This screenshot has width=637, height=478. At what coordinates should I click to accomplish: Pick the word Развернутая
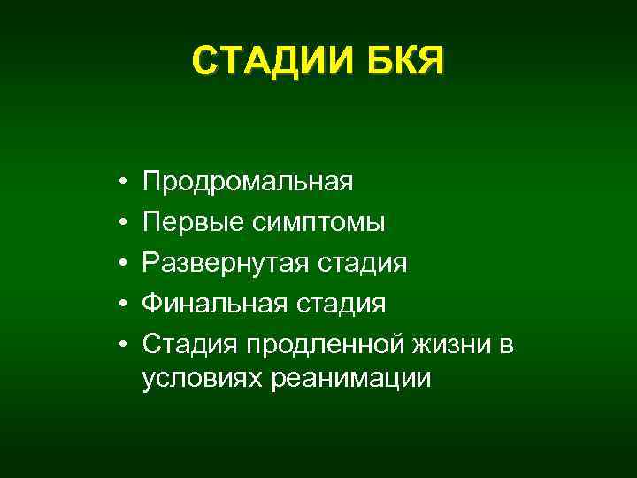(222, 263)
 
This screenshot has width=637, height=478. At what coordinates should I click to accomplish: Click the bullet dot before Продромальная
(119, 182)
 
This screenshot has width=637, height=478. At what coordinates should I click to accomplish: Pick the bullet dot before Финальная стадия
(119, 305)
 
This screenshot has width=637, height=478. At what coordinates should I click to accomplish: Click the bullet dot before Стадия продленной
(119, 345)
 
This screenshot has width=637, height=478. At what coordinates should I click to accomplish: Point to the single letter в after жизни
(506, 346)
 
